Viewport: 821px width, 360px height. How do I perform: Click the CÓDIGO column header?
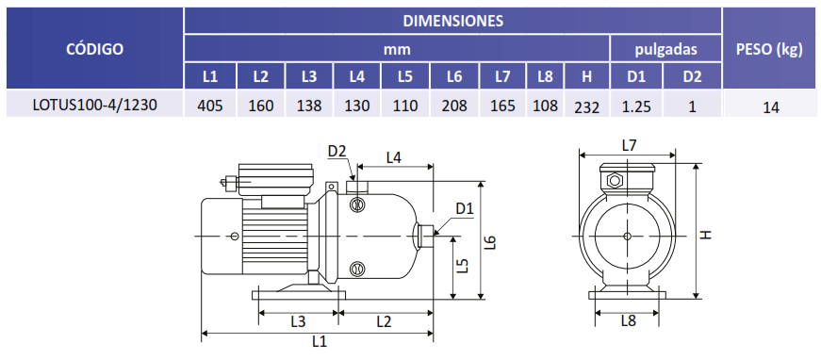[95, 49]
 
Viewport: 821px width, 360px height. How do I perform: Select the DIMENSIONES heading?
[452, 21]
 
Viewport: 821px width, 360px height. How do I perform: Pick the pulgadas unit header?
[666, 50]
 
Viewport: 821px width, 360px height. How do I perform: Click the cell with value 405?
[210, 106]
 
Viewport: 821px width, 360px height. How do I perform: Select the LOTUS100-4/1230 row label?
[94, 105]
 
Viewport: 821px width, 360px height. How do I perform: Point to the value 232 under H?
[587, 107]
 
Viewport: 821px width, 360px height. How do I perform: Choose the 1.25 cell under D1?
[636, 106]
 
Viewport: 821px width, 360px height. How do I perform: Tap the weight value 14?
[771, 107]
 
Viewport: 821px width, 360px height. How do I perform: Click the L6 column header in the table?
[454, 77]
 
